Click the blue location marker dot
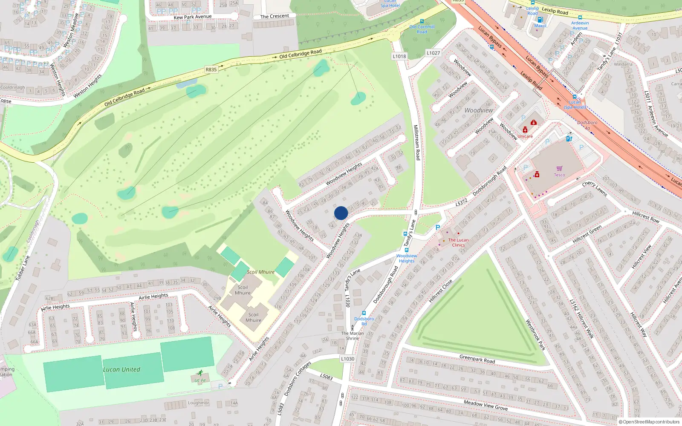pyautogui.click(x=341, y=213)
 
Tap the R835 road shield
pyautogui.click(x=211, y=69)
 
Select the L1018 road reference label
pyautogui.click(x=399, y=56)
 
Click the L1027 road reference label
pyautogui.click(x=433, y=53)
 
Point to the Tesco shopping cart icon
pyautogui.click(x=559, y=169)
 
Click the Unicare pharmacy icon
pyautogui.click(x=525, y=130)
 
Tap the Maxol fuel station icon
pyautogui.click(x=540, y=20)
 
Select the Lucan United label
pyautogui.click(x=121, y=369)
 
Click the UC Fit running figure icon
pyautogui.click(x=200, y=373)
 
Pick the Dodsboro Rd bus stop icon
pyautogui.click(x=364, y=313)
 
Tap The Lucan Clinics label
pyautogui.click(x=458, y=242)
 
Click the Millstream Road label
pyautogui.click(x=417, y=142)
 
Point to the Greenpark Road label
pyautogui.click(x=477, y=359)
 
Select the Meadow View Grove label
pyautogui.click(x=485, y=405)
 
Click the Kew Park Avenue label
pyautogui.click(x=192, y=17)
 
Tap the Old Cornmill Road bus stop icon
pyautogui.click(x=422, y=21)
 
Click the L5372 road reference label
pyautogui.click(x=461, y=203)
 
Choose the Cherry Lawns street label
pyautogui.click(x=595, y=189)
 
